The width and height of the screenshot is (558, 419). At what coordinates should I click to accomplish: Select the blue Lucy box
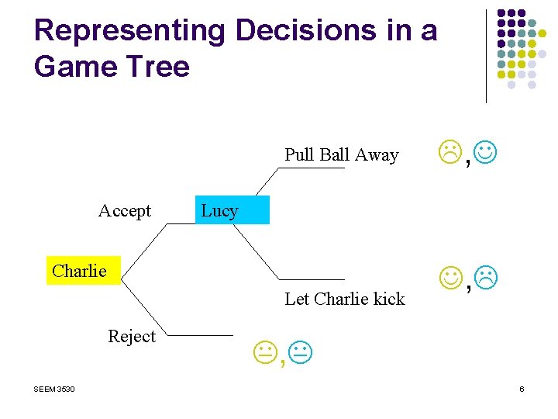click(x=232, y=210)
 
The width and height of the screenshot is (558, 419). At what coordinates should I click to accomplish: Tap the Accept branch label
click(x=125, y=211)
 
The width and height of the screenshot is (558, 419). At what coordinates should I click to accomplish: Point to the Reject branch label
click(x=132, y=337)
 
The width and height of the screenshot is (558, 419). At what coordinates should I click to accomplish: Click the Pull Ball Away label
click(x=341, y=155)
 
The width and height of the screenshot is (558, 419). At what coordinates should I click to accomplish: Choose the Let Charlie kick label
click(x=345, y=299)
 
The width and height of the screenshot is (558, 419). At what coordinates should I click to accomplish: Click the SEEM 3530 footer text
click(x=54, y=389)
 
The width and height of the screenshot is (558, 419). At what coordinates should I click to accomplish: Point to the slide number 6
click(x=522, y=389)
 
